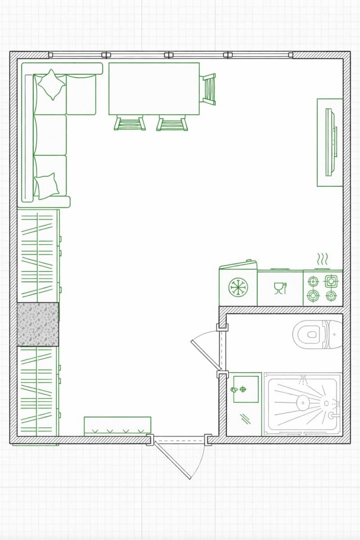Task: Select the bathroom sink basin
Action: pos(245,389)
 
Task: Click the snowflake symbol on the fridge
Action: pos(238,287)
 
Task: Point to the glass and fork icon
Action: pos(280,288)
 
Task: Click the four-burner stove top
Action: pos(323,288)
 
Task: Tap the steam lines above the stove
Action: pos(323,259)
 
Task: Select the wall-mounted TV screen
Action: pos(331,142)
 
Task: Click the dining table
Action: pos(154,89)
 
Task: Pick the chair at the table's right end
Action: pos(208,89)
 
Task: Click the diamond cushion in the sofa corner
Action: pos(51,84)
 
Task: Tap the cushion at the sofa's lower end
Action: pos(46,185)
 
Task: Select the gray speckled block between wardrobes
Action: pos(38,324)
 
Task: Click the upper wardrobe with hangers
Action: pos(38,256)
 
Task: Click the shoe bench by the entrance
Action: pos(117,426)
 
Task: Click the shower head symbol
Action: pos(303,380)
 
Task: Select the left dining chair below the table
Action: pos(130,123)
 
